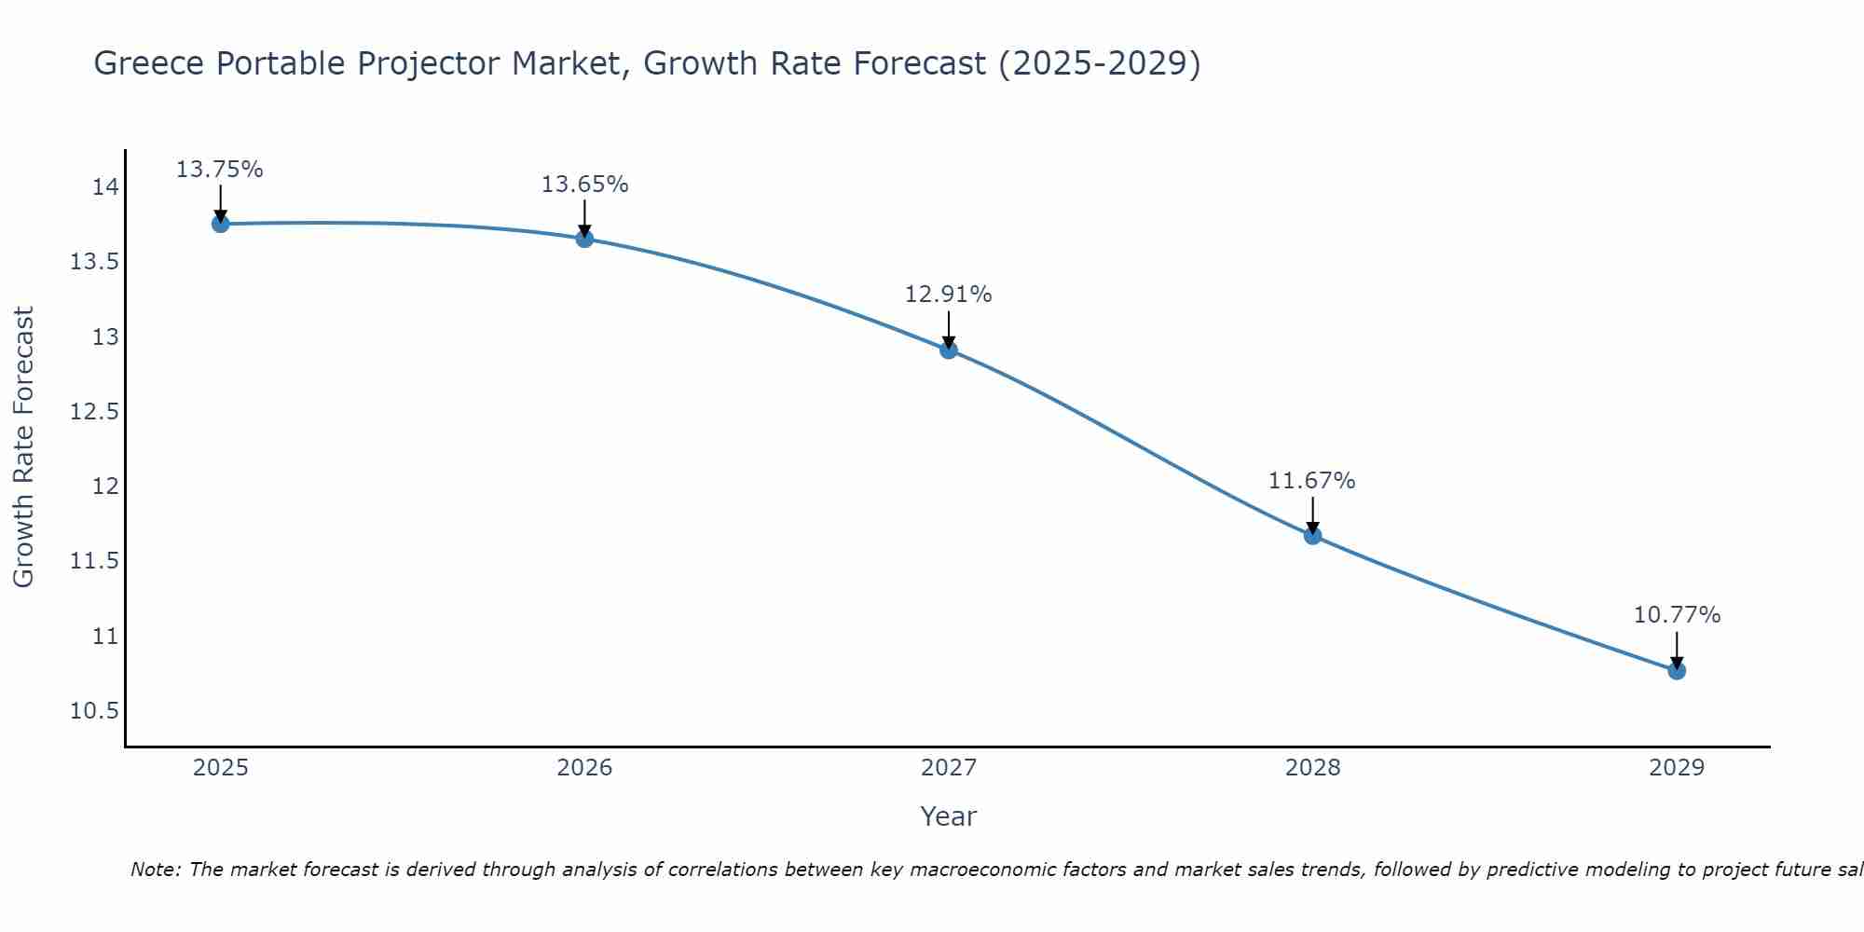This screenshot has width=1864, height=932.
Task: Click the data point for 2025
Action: [221, 224]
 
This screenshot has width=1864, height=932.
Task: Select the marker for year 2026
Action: [584, 239]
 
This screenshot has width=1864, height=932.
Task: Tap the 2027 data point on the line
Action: [949, 349]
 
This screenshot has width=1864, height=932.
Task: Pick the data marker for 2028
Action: [1312, 535]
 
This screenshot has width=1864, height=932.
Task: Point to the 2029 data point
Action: [1677, 670]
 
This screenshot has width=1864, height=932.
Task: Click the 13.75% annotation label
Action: [220, 170]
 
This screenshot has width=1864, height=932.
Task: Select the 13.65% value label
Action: [584, 185]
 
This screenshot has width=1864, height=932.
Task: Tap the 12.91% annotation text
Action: [949, 295]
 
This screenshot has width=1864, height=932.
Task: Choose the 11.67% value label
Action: [1312, 481]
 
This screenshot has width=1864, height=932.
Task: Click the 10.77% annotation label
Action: [1677, 615]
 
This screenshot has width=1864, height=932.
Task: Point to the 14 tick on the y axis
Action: [105, 187]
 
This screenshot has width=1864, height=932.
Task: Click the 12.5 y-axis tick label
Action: [95, 412]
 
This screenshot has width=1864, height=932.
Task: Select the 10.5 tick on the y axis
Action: [95, 711]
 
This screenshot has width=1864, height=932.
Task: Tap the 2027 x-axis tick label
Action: [949, 768]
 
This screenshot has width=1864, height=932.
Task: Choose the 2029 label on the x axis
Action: [1677, 768]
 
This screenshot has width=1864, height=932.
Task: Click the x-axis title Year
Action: [949, 816]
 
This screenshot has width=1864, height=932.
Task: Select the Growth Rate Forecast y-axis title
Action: [24, 447]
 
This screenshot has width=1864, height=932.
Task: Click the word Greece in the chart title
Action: [150, 64]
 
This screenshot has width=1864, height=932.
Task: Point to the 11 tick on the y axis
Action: [105, 637]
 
